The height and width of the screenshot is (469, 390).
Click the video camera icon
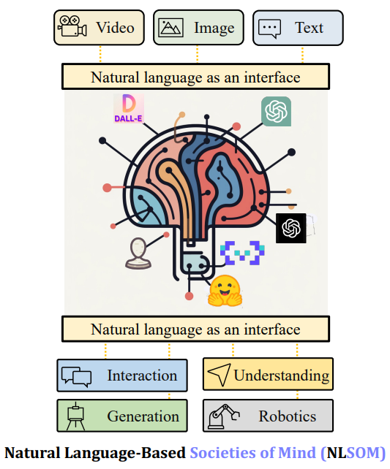tap(72, 26)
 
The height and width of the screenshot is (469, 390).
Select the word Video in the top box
tap(116, 28)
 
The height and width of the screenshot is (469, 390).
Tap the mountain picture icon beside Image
tap(170, 28)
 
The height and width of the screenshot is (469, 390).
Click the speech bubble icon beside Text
tap(269, 28)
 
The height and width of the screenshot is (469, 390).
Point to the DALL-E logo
tap(129, 108)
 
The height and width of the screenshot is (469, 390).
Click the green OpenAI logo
tap(276, 111)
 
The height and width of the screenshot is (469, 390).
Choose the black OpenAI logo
tap(290, 228)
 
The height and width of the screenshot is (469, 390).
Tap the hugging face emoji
tap(225, 291)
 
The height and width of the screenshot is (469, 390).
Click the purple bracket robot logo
tap(242, 253)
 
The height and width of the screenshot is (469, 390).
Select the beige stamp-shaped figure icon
tap(138, 253)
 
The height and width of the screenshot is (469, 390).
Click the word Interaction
tap(142, 375)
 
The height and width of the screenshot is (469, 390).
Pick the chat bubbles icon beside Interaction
tap(76, 376)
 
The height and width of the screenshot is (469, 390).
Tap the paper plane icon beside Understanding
tap(220, 374)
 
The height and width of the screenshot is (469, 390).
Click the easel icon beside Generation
tap(75, 416)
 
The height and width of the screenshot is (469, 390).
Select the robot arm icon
tap(224, 416)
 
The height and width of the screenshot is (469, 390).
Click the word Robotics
tap(288, 416)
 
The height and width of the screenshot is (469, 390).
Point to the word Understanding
tap(282, 375)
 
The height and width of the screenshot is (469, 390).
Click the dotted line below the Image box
tap(197, 54)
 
